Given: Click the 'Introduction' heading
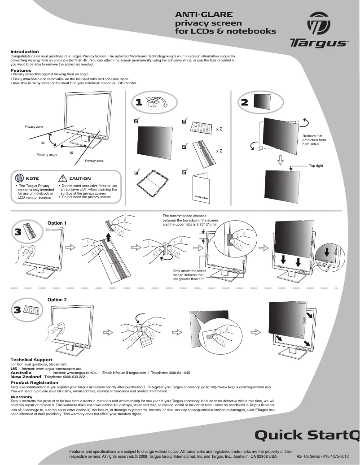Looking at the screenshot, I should coord(25,52).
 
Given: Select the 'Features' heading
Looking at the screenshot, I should coord(21,70).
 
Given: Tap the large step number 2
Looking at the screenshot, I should coord(244,102).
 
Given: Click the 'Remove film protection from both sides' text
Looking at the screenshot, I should coord(314,140).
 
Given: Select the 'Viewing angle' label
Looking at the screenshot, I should coord(47,155).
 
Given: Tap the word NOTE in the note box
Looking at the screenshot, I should coord(32,178).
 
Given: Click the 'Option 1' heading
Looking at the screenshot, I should coord(57,223).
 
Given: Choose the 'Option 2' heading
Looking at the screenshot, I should coord(57,300).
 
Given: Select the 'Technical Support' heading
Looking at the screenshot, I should coord(31,360).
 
